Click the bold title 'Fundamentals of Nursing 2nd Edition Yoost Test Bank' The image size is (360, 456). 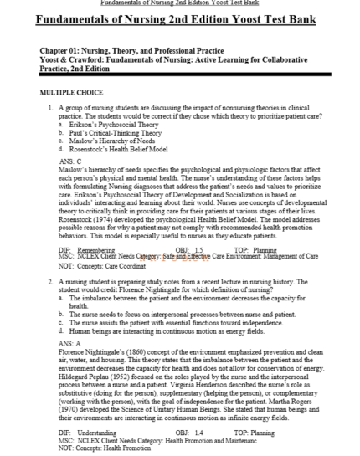click(x=179, y=20)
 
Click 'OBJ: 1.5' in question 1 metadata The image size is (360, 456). click(x=186, y=249)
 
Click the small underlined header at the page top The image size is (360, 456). click(x=179, y=3)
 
